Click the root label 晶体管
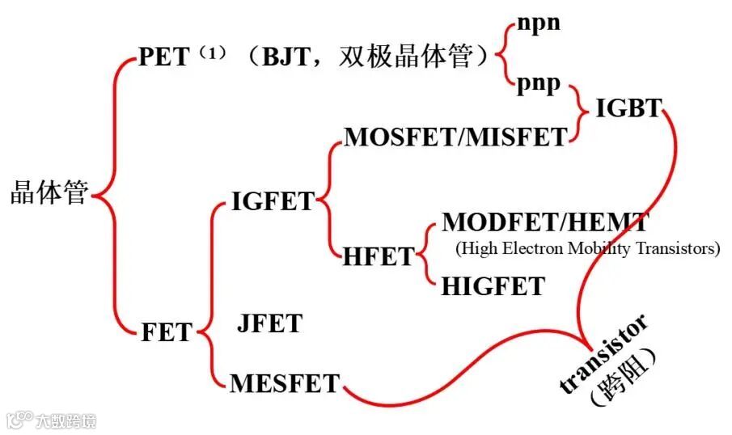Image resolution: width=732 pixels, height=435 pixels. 49,194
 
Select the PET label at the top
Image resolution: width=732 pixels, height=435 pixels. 166,57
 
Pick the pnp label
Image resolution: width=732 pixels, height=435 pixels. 539,84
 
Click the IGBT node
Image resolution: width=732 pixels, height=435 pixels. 628,108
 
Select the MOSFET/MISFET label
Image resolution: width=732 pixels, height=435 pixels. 455,137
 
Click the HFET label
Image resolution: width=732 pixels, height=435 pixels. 378,256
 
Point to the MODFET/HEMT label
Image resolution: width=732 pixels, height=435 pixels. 544,222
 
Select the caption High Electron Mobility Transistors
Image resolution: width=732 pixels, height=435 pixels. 587,248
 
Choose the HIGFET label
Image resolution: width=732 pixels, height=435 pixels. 493,285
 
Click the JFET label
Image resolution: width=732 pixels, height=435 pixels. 269,323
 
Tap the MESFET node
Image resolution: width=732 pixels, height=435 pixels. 285,382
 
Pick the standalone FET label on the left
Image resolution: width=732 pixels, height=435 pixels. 167,332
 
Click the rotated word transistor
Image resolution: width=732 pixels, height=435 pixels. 604,354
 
